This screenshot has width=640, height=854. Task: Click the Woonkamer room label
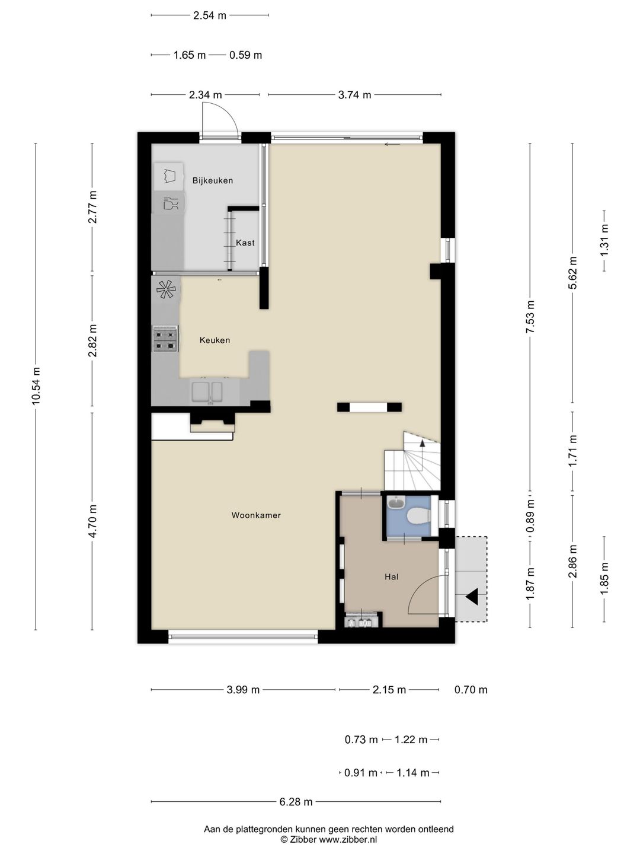(255, 515)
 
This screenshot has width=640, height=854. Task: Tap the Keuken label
(215, 340)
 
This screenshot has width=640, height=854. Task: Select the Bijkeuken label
(213, 180)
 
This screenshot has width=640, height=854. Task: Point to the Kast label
(245, 243)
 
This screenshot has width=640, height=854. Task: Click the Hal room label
(392, 577)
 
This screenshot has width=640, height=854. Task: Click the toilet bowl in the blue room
(418, 517)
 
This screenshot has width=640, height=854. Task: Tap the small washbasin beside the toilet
(396, 502)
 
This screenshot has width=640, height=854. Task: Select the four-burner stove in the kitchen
(165, 339)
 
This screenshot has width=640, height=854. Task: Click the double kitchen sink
(206, 392)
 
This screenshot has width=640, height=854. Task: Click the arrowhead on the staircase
(422, 442)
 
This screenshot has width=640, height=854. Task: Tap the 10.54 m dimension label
(36, 386)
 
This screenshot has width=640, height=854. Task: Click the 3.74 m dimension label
(354, 95)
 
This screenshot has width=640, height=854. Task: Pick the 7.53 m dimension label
(530, 316)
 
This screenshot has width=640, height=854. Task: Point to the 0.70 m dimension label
(471, 690)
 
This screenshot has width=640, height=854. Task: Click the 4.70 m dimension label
(92, 521)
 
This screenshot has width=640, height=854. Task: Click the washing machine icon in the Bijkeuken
(169, 176)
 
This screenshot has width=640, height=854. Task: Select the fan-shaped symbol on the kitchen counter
(166, 289)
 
